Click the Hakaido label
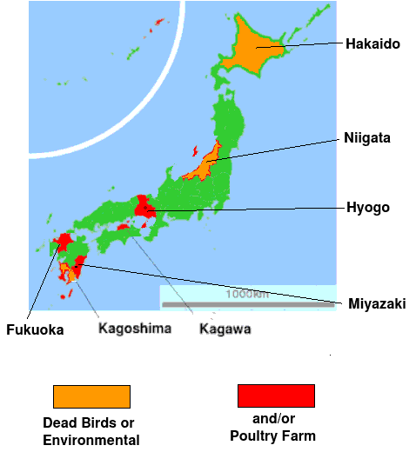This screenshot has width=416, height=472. point(372,43)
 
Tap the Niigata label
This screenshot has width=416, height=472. point(366,137)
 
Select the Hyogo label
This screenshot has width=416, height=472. point(368,208)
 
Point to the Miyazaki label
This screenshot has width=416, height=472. point(377,303)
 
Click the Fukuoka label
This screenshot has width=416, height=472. point(35,329)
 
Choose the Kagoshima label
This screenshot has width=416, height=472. point(135,328)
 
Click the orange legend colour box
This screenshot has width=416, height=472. point(91,396)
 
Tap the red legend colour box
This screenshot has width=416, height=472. point(276,396)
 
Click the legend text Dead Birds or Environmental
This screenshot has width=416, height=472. point(91,432)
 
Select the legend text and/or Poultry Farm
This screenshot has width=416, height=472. point(272,428)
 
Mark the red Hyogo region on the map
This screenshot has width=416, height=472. point(143,207)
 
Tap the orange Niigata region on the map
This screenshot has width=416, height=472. point(205,163)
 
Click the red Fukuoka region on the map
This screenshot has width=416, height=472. point(63,243)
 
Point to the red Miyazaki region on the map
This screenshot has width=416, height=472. point(79,263)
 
